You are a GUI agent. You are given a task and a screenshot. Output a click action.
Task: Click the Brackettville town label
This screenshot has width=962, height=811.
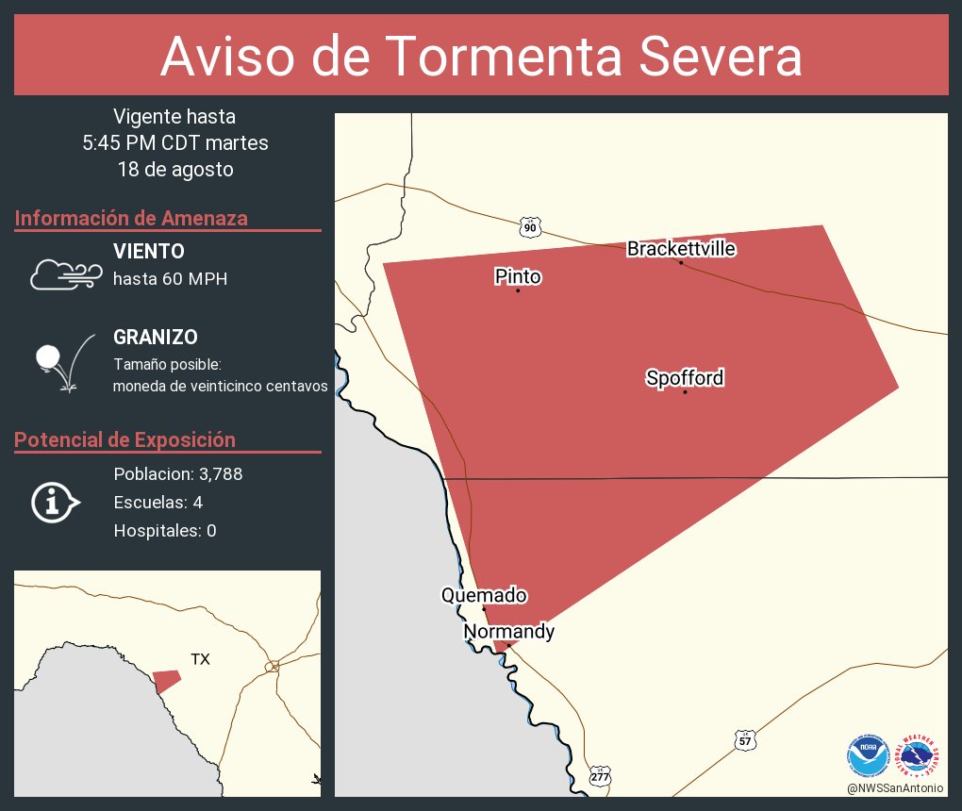[681, 249]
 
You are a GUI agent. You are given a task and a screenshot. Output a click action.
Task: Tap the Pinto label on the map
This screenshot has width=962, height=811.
[518, 276]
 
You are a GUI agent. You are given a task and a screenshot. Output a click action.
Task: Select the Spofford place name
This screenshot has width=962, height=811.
[685, 378]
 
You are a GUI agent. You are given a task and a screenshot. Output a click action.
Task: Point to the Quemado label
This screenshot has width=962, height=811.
[484, 595]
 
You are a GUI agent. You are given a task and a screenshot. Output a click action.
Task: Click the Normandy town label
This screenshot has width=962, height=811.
[508, 632]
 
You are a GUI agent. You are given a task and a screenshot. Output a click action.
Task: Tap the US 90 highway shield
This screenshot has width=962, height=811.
[530, 227]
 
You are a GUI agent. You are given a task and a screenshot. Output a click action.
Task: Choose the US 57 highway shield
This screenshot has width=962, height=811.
[745, 742]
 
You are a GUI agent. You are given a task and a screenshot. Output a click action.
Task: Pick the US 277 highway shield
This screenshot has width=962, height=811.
[600, 775]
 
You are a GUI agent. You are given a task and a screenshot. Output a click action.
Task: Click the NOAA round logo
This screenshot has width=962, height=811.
[868, 756]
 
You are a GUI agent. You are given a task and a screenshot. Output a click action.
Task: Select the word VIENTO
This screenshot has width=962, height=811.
[149, 252]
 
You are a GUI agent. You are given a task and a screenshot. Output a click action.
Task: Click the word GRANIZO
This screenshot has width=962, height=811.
[156, 338]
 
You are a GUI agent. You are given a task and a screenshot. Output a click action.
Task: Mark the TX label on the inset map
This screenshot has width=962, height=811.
[200, 659]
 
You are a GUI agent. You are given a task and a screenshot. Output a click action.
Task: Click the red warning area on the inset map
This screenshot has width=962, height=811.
[166, 680]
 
